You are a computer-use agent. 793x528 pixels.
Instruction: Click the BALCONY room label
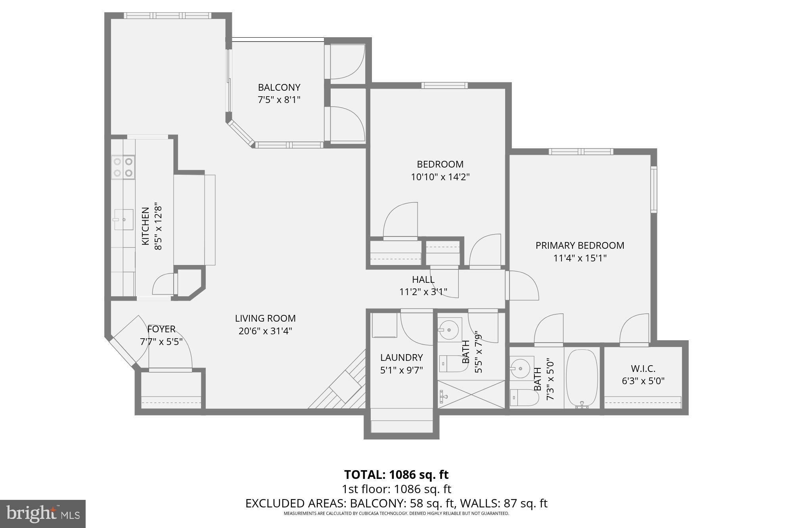tap(279, 88)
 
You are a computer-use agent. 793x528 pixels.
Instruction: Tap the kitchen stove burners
tap(123, 167)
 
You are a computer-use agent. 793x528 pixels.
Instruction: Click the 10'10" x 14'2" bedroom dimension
tap(440, 177)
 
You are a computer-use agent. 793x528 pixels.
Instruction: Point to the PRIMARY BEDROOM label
tap(580, 246)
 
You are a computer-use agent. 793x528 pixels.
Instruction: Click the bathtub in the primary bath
tap(582, 378)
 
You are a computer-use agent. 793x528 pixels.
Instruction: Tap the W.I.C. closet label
tap(643, 369)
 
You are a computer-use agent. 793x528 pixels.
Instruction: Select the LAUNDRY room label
tap(401, 358)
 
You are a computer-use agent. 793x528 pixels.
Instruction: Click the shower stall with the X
tap(471, 394)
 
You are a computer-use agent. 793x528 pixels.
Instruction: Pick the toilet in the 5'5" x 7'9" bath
tap(452, 364)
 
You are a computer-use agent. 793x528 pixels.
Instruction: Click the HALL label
tap(423, 280)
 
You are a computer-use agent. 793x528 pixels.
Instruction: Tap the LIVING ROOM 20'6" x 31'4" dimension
tap(265, 331)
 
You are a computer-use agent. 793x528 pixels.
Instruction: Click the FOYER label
tap(161, 329)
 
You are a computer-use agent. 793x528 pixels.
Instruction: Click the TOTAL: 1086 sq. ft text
tap(396, 475)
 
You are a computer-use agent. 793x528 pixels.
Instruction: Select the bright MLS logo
tap(43, 514)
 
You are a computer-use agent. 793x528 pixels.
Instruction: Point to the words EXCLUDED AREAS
tap(295, 503)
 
